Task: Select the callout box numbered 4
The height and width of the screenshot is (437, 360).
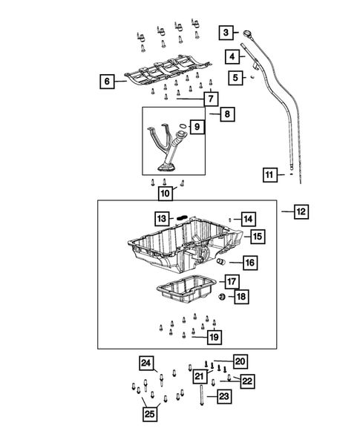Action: tap(233, 56)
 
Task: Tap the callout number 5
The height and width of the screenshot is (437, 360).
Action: tap(236, 77)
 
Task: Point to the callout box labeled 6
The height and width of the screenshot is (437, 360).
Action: tap(108, 82)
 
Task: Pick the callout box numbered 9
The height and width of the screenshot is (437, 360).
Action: tap(197, 128)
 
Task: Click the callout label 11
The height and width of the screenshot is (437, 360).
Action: tap(270, 175)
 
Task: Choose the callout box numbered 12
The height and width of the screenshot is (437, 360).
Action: tap(301, 211)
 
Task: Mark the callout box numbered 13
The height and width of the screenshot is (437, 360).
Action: tap(162, 218)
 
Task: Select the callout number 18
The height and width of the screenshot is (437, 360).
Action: tap(240, 297)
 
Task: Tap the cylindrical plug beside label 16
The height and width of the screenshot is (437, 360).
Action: tap(220, 262)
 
